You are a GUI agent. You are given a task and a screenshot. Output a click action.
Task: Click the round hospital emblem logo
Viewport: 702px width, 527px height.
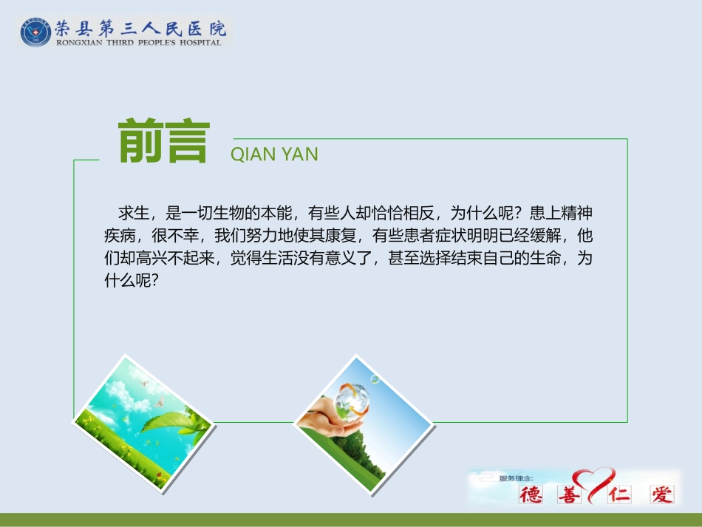36,31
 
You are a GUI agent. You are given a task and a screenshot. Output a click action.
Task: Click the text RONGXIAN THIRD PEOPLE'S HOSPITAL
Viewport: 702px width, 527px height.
139,42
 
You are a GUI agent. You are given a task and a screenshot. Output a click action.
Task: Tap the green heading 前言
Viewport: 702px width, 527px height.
164,142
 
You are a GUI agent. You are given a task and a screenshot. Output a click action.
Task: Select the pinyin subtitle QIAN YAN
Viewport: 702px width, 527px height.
274,154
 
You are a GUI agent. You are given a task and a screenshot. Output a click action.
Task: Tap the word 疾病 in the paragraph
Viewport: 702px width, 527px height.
119,237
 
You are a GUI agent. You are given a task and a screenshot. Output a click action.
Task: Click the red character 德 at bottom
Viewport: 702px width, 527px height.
531,494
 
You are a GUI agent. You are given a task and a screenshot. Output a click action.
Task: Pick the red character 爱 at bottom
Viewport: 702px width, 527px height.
661,494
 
